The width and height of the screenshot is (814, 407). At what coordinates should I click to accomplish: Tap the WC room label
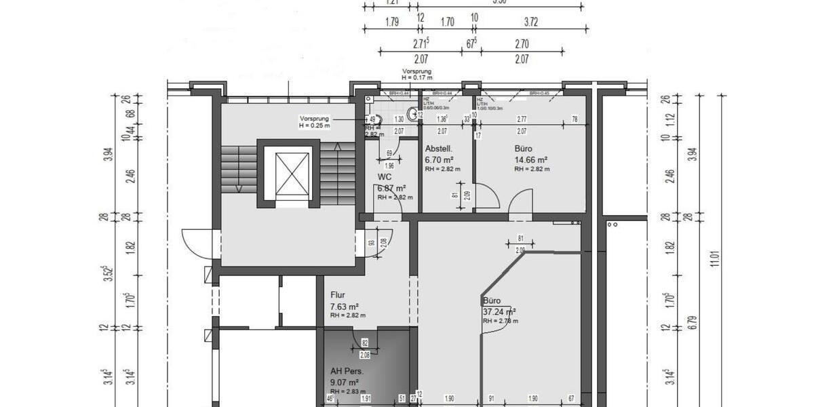384,177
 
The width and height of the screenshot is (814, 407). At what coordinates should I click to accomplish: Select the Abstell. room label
438,149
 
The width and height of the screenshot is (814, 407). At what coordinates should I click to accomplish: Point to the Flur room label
338,295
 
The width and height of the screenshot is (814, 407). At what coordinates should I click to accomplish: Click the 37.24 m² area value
499,312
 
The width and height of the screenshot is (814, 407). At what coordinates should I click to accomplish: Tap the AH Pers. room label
347,372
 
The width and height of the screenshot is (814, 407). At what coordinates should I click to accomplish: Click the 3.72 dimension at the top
530,22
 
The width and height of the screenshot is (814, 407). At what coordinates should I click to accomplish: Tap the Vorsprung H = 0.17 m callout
416,74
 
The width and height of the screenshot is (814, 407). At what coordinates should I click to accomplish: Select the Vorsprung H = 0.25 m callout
313,121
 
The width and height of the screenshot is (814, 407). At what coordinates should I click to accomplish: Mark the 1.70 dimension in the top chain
447,22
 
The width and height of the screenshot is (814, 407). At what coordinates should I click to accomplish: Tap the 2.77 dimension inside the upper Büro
522,119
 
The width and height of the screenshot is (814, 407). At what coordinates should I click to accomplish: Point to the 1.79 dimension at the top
391,22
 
